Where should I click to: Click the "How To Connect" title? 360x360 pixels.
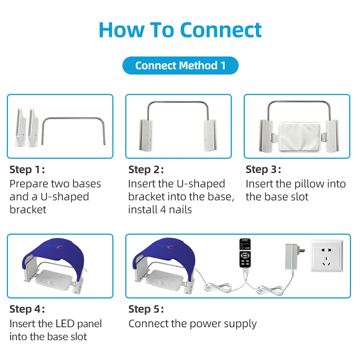point(180,30)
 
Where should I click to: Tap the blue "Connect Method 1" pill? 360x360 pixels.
point(180,66)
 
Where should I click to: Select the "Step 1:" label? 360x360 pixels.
point(27,170)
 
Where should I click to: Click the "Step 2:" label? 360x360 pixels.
point(146,170)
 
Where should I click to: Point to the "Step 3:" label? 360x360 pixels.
point(263,169)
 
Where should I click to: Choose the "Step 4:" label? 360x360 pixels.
point(27,309)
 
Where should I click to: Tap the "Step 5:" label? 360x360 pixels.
point(146,309)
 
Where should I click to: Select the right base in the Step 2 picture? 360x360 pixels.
point(211,135)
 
